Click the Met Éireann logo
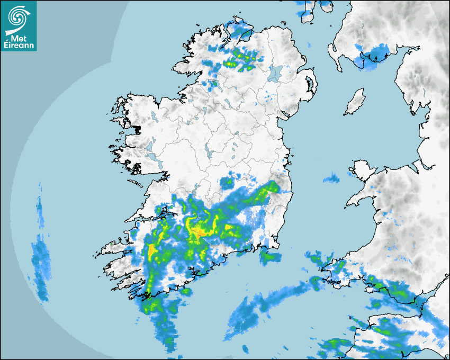(19, 26)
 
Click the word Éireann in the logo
(19, 46)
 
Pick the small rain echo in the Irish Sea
(331, 178)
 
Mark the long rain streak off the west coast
(40, 259)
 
